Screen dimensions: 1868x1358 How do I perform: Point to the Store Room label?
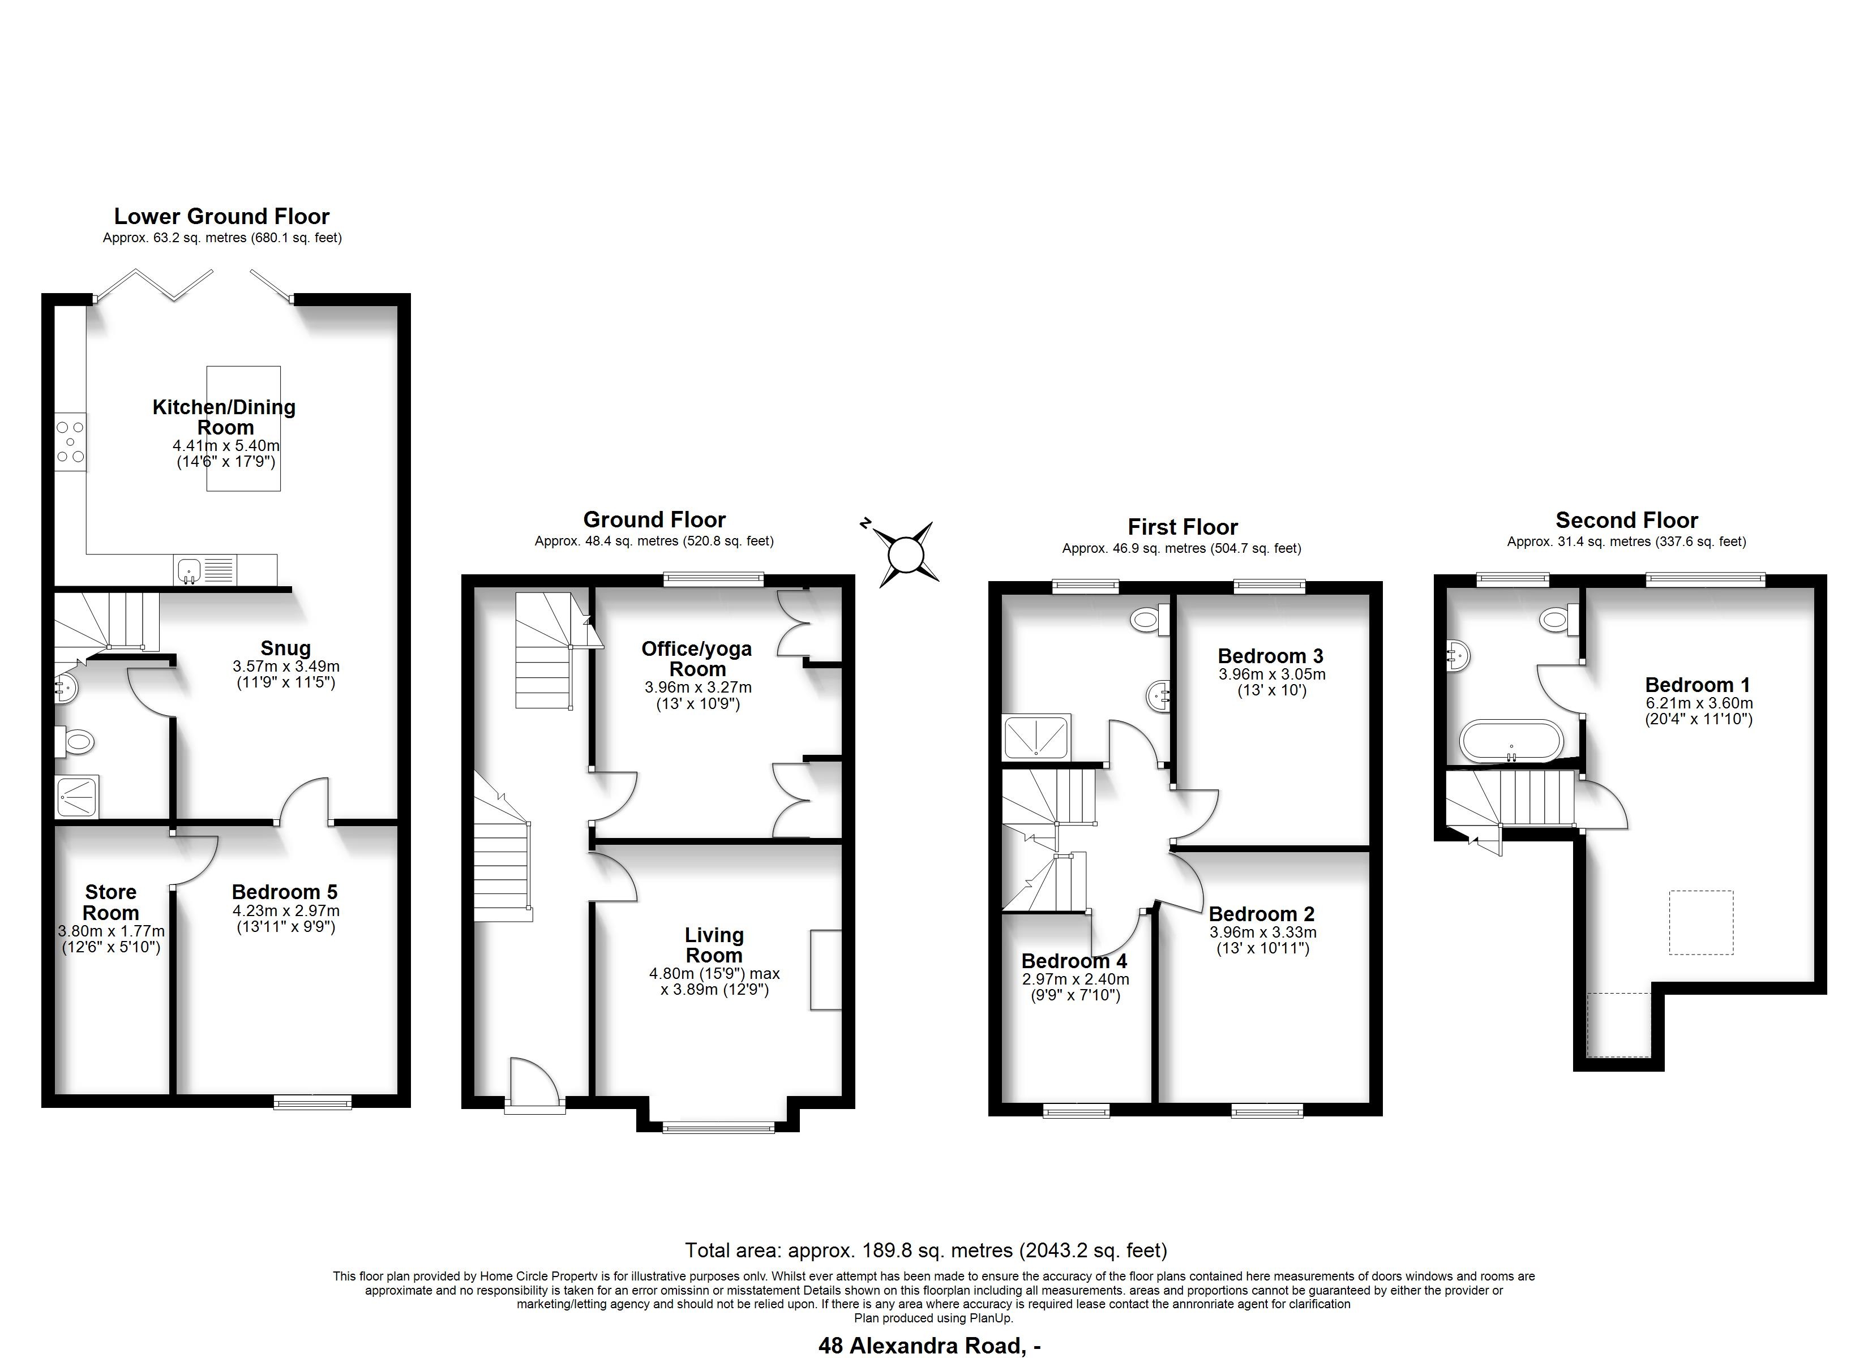pos(110,903)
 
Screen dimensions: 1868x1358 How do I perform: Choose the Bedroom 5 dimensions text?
pos(285,919)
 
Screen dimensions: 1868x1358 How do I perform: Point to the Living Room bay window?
pos(718,1127)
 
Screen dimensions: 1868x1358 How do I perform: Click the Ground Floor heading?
pos(655,519)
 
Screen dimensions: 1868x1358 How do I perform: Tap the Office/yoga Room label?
pos(697,659)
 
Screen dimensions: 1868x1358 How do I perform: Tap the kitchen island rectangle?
pos(244,429)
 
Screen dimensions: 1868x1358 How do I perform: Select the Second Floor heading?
pos(1627,521)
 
